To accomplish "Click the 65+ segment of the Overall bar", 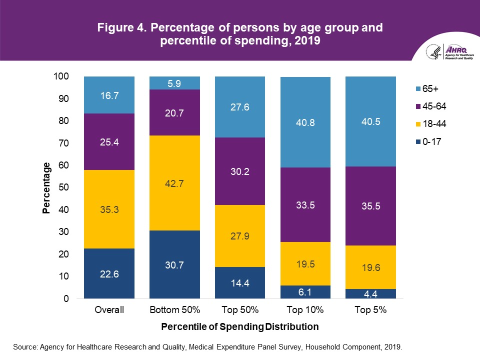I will (x=109, y=95).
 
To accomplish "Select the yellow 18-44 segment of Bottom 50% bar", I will (x=174, y=183).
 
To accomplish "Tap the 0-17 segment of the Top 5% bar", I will (x=370, y=294).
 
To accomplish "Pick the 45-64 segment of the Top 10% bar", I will (x=305, y=205).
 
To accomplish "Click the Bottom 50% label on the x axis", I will (x=174, y=310).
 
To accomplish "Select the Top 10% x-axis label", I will (x=305, y=310).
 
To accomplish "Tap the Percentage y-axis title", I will (x=46, y=188).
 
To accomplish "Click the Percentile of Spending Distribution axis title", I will (x=240, y=327).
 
